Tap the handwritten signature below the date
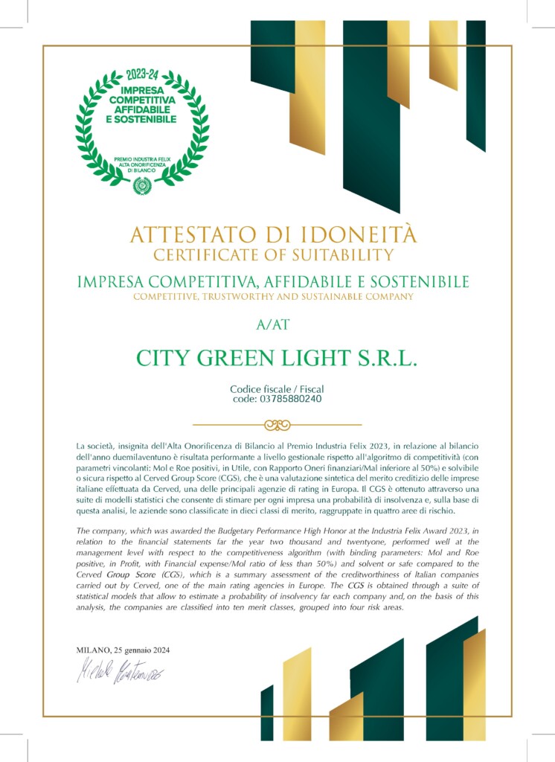pos(120,673)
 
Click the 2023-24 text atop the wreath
pos(142,75)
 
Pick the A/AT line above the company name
pos(277,324)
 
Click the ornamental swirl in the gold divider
pos(277,425)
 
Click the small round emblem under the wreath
pos(141,185)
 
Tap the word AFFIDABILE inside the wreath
pos(141,109)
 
